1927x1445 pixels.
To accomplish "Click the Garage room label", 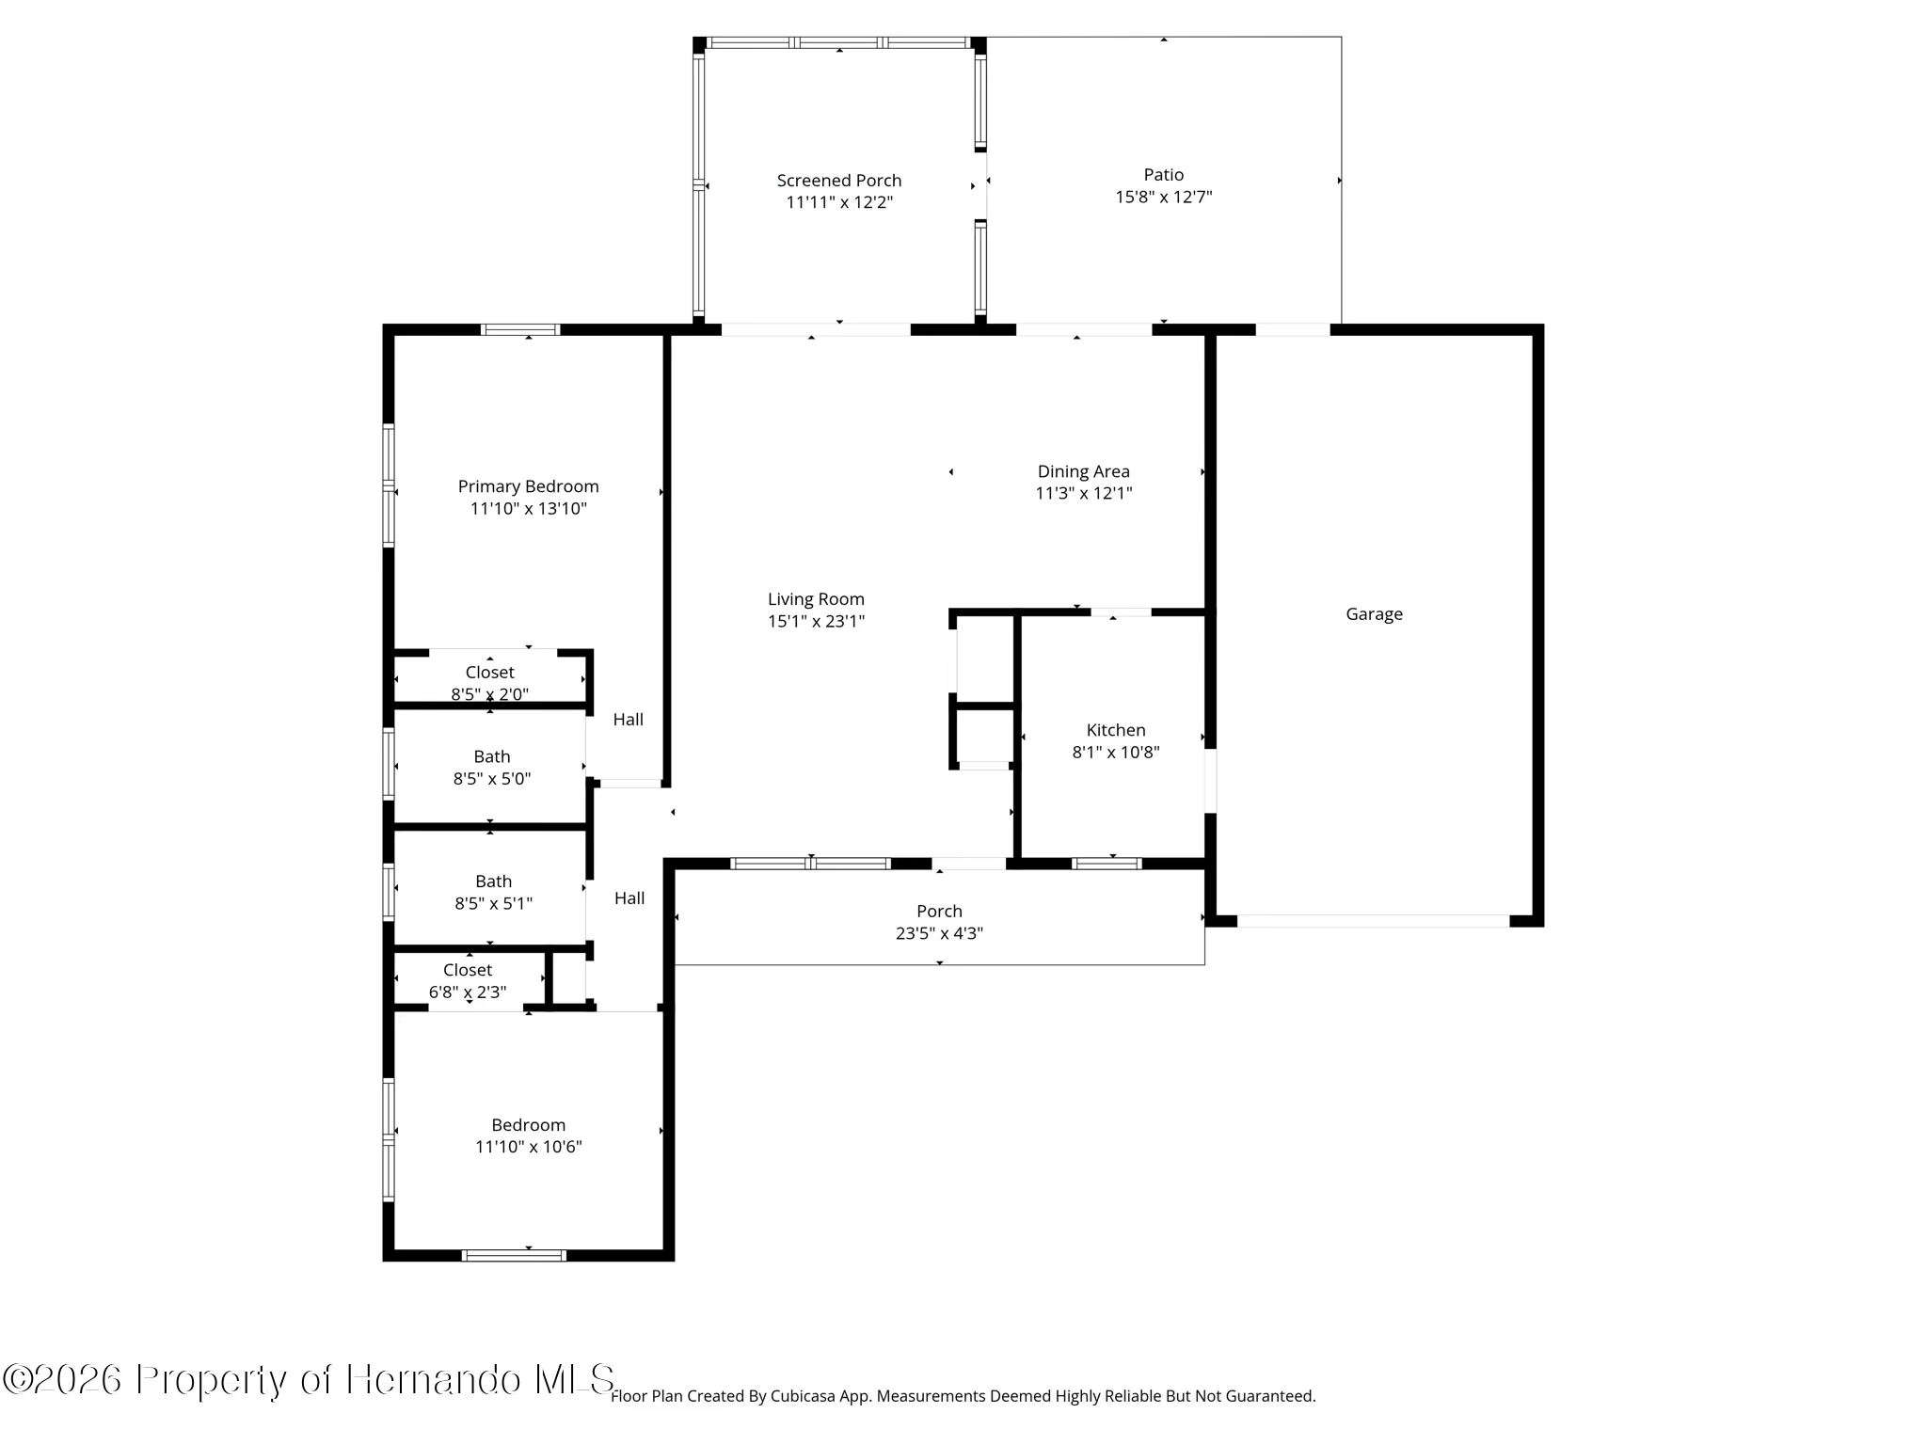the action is coord(1374,614).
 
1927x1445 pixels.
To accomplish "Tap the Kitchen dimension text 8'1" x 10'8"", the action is coord(1116,752).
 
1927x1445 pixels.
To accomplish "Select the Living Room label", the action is coord(816,599).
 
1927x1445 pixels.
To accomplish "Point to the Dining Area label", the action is coord(1084,471).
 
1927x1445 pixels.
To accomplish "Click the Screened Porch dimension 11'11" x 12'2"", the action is coord(839,202).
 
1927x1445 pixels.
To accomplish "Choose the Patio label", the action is coord(1164,175).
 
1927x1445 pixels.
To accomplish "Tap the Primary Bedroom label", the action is coord(528,486).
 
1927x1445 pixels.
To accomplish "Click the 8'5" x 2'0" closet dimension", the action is coord(489,694).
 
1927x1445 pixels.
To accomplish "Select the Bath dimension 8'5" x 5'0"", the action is coord(492,779).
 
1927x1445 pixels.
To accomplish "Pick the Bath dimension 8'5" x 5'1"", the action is coord(493,903).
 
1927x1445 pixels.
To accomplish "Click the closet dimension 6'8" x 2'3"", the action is coord(468,992).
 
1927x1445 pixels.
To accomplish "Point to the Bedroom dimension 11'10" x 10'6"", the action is coord(529,1147).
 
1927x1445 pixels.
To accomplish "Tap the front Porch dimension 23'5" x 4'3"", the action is coord(939,933).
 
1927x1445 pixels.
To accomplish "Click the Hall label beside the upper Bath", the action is coord(629,720).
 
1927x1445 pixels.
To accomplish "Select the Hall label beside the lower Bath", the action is coord(629,898).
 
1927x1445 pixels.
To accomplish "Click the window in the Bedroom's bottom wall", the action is coord(514,1255).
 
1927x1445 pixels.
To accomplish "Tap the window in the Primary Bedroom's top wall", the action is coord(520,329).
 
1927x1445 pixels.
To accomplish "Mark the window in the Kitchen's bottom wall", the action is coord(1107,864).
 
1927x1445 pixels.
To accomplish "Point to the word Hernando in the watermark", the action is coord(434,1380).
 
